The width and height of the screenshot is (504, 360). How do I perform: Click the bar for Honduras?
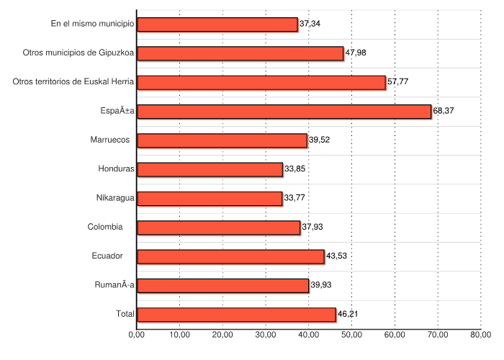210,169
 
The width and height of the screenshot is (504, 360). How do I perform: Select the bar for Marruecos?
222,140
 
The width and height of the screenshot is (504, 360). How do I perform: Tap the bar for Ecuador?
230,256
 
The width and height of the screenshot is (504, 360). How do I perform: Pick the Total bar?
236,315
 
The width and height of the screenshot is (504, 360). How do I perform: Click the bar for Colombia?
218,228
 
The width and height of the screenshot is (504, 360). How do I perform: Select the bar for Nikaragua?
210,199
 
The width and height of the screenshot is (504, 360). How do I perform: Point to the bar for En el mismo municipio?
217,24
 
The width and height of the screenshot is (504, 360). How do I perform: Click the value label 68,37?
444,111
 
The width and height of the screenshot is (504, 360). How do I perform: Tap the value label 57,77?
398,82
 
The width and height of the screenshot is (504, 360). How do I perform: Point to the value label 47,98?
356,53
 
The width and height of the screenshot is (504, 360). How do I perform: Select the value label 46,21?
348,315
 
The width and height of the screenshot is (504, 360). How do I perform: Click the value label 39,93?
320,286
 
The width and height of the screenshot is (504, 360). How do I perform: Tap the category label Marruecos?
110,140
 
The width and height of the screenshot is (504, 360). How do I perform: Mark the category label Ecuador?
109,256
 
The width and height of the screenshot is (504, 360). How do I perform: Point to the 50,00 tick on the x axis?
352,334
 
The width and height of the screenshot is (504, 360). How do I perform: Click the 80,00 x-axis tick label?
481,334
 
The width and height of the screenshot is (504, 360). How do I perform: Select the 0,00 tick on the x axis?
137,334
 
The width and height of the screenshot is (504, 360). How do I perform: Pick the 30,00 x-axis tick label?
266,334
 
